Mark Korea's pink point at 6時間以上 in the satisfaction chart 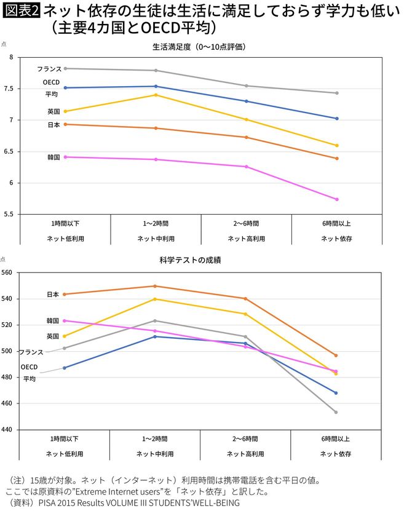pos(336,199)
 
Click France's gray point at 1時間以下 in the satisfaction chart pos(65,68)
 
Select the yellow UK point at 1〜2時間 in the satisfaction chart pos(156,95)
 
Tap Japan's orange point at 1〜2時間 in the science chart pos(155,286)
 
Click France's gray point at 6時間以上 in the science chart pos(336,412)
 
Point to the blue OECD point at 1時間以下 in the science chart pos(65,368)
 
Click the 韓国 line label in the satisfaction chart pos(53,157)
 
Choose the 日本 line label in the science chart pos(53,295)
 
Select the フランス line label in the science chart pos(31,352)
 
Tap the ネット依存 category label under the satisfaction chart pos(336,238)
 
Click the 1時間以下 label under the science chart pos(65,439)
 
